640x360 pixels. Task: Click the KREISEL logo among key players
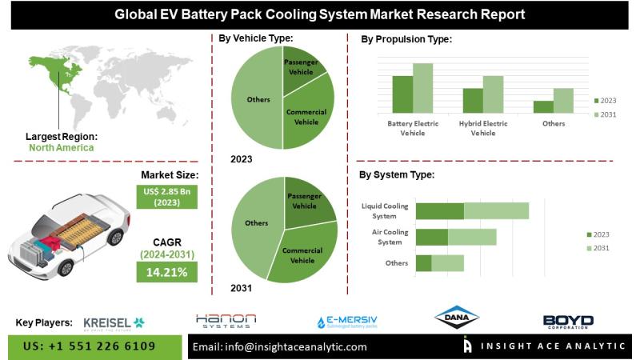(x=114, y=322)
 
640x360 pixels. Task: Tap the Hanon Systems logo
(x=226, y=321)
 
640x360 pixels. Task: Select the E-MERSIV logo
(x=346, y=322)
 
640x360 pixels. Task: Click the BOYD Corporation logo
(x=568, y=322)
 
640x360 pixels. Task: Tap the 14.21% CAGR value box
(x=166, y=273)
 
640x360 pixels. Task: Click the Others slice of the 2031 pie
(x=254, y=224)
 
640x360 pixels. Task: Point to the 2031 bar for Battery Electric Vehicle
(x=422, y=87)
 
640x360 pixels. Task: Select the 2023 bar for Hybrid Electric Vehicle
(x=473, y=100)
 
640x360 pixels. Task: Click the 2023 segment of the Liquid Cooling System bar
(x=439, y=210)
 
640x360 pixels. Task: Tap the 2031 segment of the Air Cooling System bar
(x=472, y=237)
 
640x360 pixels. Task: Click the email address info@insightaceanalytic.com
(x=279, y=347)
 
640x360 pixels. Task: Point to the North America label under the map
(x=61, y=147)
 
